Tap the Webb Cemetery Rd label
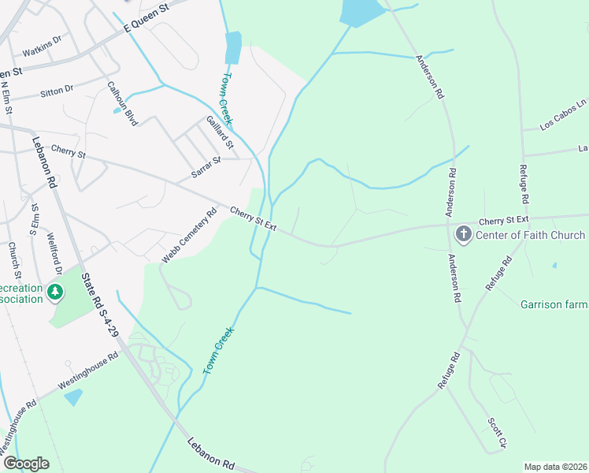[x=190, y=235]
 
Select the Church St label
[x=13, y=254]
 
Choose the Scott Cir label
[x=495, y=433]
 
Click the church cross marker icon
[x=464, y=235]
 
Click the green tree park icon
[x=55, y=292]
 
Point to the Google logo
[x=25, y=464]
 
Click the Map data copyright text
[x=555, y=467]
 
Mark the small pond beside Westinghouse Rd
[x=72, y=397]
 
